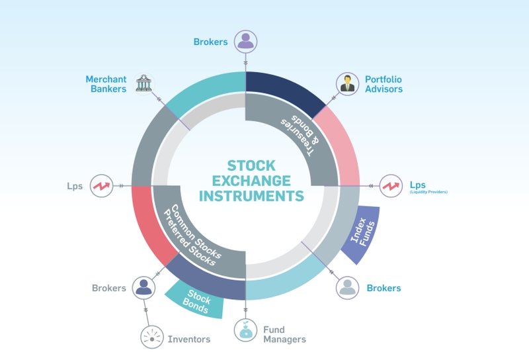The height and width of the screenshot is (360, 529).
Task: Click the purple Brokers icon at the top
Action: coord(245,42)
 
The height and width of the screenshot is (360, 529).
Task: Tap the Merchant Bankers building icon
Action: coord(143,84)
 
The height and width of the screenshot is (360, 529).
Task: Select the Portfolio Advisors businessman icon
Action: coord(348,84)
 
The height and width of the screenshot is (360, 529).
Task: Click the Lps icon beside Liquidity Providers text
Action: coord(391,186)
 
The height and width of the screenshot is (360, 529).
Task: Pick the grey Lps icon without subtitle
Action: coord(102,186)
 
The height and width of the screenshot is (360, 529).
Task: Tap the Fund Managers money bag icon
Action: coord(245,330)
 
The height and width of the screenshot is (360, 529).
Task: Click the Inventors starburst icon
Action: coord(152,337)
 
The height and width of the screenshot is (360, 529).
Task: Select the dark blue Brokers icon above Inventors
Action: coord(143,288)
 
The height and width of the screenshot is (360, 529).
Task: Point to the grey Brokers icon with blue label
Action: coord(348,288)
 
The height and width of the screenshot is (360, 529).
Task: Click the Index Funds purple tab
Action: coord(362,234)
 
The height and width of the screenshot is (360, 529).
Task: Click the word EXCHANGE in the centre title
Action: coord(251,181)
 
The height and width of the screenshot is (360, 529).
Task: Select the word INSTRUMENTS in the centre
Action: coord(251,196)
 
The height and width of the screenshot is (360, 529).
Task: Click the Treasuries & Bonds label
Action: coord(300,136)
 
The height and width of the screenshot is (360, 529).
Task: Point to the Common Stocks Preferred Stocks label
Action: coord(192,235)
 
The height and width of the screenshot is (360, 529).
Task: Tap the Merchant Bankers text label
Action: coord(106,84)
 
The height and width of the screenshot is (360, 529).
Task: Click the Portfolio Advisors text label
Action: coord(384,84)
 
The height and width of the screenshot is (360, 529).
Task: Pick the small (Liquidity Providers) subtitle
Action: coord(428,192)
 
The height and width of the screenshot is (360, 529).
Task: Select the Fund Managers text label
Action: coord(284,334)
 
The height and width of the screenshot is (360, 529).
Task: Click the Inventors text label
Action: coord(189,339)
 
